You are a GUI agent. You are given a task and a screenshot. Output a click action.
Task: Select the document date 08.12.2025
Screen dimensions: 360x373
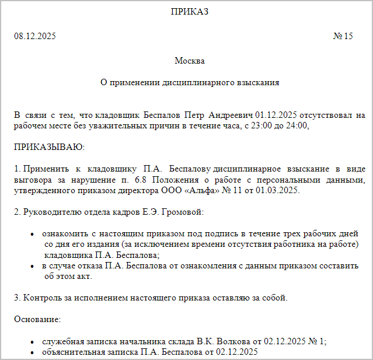(x=35, y=37)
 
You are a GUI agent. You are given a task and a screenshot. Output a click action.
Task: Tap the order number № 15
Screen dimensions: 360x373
(x=343, y=37)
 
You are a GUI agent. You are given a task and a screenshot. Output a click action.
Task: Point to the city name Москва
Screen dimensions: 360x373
(x=190, y=61)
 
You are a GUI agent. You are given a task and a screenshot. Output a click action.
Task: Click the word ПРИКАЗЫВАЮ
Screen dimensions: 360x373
(x=50, y=146)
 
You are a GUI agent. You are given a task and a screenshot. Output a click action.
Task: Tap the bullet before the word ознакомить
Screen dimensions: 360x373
(x=33, y=233)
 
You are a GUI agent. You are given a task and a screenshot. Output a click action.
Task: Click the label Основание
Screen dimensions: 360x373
(x=37, y=320)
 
